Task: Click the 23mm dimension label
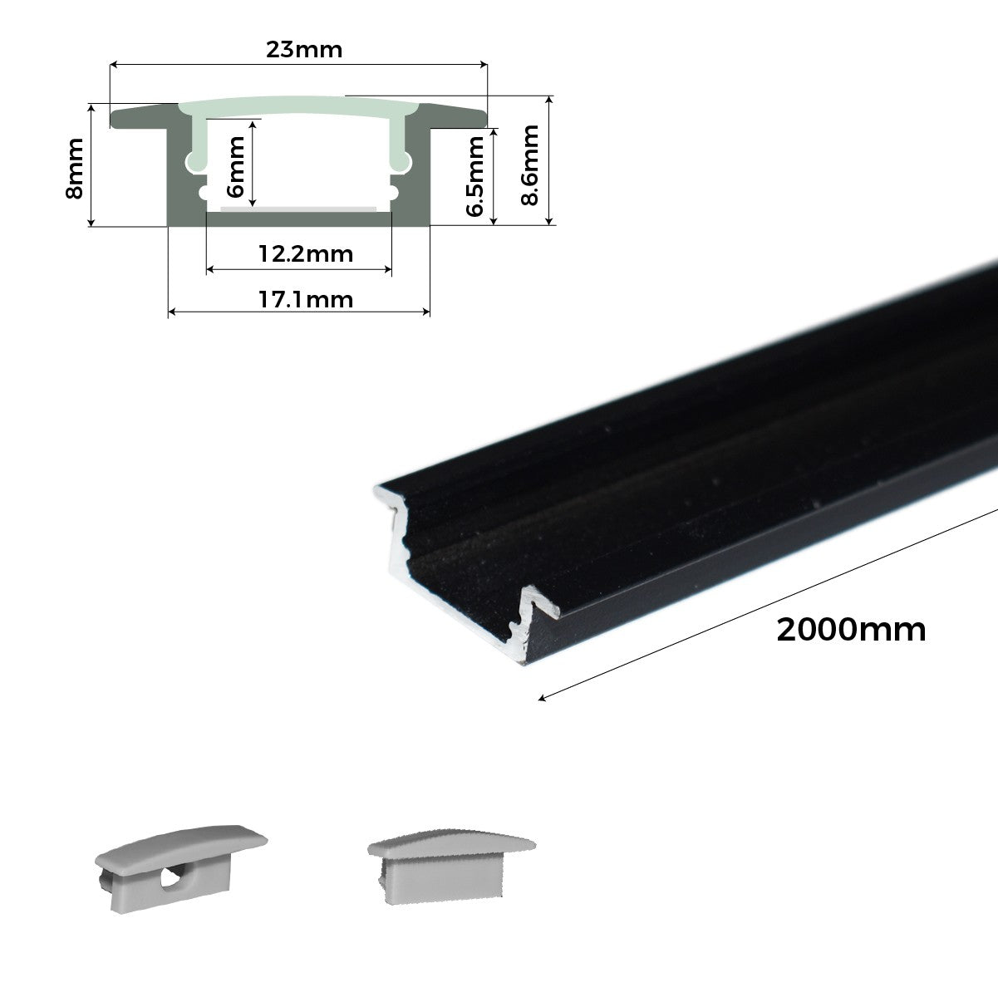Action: [x=303, y=49]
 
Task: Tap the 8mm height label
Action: [x=75, y=179]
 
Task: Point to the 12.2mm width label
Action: [x=305, y=253]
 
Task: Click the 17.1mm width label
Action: [x=305, y=298]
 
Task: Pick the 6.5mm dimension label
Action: [x=476, y=176]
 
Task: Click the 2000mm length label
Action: [x=851, y=631]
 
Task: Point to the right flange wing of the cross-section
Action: [x=455, y=115]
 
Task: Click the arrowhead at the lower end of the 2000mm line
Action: [x=543, y=698]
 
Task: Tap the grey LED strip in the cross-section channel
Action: [x=297, y=205]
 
